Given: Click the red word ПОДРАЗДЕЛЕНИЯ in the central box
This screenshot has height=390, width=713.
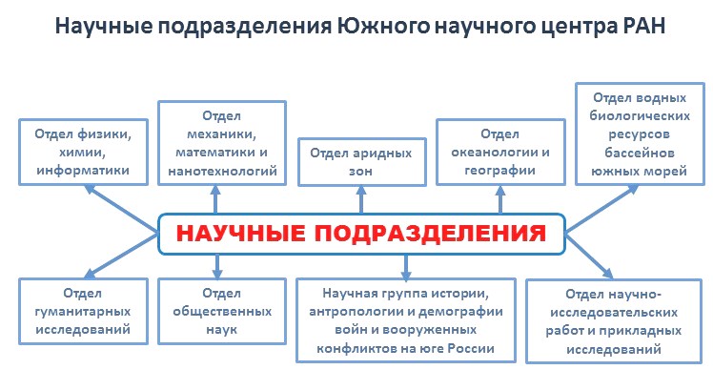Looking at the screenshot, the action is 430,234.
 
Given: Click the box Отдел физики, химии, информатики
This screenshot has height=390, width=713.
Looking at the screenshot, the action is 83,152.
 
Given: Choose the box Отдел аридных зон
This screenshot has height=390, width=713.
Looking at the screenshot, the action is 362,162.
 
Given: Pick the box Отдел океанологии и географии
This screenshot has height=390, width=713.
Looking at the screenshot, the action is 500,152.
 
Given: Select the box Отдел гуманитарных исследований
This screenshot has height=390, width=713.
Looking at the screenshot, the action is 83,311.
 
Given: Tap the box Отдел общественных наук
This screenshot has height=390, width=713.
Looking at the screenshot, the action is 222,311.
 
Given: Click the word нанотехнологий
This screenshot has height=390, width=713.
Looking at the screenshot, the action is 222,171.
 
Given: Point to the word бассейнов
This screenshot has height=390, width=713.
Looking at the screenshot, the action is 639,153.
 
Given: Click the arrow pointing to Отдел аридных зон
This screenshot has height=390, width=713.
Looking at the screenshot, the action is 361,199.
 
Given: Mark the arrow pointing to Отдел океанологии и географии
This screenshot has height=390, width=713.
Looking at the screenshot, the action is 500,199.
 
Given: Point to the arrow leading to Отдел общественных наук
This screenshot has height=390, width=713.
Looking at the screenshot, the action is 217,266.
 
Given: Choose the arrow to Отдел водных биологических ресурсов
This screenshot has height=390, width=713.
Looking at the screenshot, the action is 602,208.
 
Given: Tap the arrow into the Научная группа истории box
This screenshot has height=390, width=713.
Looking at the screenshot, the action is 406,267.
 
